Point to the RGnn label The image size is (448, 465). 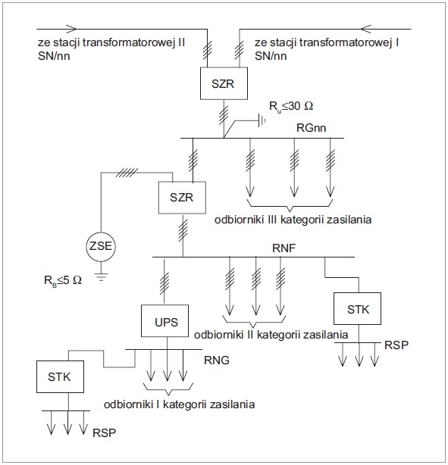tap(311, 128)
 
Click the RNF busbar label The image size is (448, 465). tap(284, 248)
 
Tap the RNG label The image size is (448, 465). tap(217, 360)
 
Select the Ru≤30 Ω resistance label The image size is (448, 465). tap(291, 106)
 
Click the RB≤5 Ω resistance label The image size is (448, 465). tap(63, 280)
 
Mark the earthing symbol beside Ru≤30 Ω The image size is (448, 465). tap(262, 120)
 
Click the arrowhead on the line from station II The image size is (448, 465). tap(72, 29)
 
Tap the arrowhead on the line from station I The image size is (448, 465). tap(366, 29)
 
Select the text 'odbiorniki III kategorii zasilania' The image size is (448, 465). tap(293, 220)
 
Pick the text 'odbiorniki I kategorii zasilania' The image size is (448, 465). tap(179, 404)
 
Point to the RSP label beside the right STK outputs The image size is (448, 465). tap(396, 345)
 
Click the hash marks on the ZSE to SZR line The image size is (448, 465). tap(127, 173)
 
